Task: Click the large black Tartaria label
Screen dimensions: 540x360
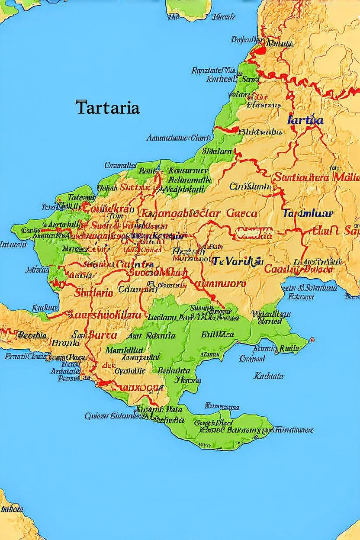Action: pyautogui.click(x=108, y=108)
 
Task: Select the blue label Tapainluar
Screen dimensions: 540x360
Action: pyautogui.click(x=308, y=213)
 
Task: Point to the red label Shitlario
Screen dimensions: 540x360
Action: pyautogui.click(x=94, y=292)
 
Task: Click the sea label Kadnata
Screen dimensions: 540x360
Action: pyautogui.click(x=268, y=376)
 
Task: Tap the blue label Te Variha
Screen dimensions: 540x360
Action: pyautogui.click(x=237, y=261)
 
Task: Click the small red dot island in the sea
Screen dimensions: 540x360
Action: pyautogui.click(x=312, y=340)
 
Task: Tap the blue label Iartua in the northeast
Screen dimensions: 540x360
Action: pyautogui.click(x=305, y=120)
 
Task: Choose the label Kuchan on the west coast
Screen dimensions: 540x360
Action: pyautogui.click(x=45, y=308)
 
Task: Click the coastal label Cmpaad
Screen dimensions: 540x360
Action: pyautogui.click(x=252, y=358)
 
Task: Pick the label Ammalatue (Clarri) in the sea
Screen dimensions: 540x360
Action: pyautogui.click(x=178, y=138)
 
